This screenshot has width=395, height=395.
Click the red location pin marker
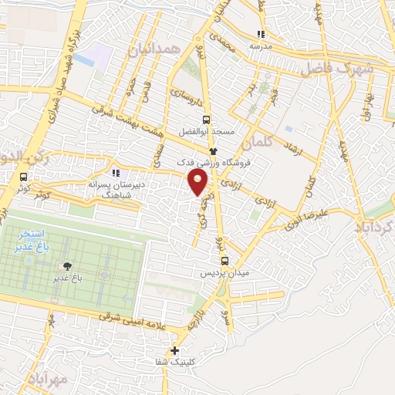pyautogui.click(x=199, y=183)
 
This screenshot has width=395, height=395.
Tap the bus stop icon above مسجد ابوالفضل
pyautogui.click(x=205, y=120)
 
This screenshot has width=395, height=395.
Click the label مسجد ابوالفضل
pyautogui.click(x=206, y=132)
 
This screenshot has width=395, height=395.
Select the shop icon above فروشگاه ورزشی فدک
pyautogui.click(x=214, y=152)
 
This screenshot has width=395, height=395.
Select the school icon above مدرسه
pyautogui.click(x=262, y=34)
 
